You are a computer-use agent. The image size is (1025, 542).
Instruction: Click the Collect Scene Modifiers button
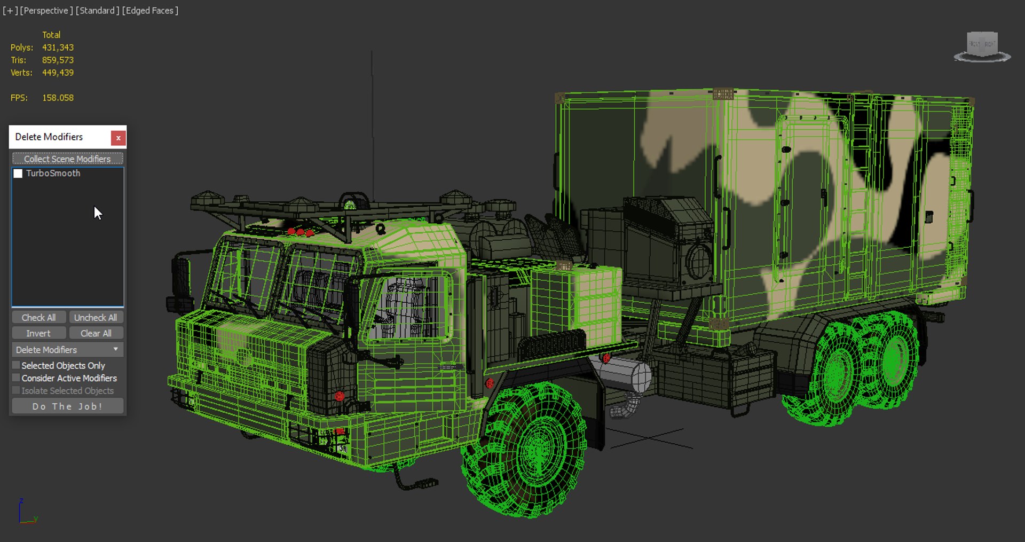click(67, 159)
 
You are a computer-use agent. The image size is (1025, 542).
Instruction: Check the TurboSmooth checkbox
click(18, 174)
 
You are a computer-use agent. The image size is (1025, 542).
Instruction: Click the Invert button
click(38, 333)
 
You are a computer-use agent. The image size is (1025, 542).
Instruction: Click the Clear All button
click(96, 333)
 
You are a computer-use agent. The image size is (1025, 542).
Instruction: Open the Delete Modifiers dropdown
click(67, 350)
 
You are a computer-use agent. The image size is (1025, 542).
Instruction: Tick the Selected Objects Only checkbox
click(17, 365)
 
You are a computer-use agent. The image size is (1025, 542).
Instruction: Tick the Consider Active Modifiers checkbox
click(17, 378)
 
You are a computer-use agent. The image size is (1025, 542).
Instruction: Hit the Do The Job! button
click(67, 406)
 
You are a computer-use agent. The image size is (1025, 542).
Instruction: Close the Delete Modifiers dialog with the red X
click(118, 138)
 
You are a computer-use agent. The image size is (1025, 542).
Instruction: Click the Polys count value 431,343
click(58, 48)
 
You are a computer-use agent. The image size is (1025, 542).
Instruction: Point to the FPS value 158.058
click(58, 98)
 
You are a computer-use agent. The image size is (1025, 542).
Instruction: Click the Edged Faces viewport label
click(150, 11)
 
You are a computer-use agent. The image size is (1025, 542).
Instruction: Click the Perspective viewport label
click(46, 11)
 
